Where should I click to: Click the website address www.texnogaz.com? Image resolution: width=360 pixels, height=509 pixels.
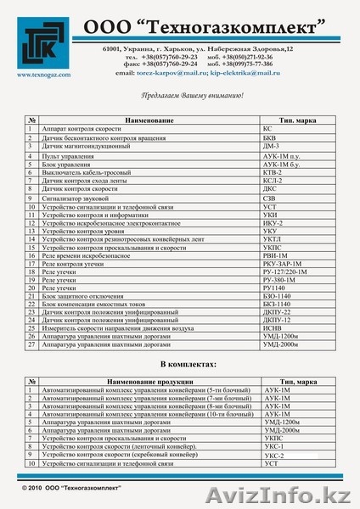point(40,74)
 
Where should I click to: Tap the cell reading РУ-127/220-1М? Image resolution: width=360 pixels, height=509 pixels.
point(285,272)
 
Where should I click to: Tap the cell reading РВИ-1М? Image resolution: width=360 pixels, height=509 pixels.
point(275,255)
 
